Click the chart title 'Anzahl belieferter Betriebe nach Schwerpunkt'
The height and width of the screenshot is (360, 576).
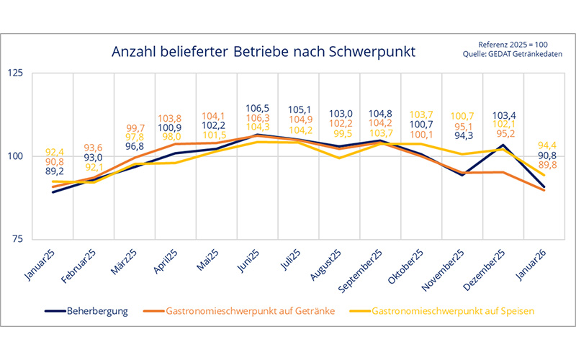coord(263,52)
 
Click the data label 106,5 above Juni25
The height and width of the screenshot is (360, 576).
coord(258,107)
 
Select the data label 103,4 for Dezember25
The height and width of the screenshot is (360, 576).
coord(501,114)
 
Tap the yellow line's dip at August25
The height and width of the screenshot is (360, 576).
coord(339,158)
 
